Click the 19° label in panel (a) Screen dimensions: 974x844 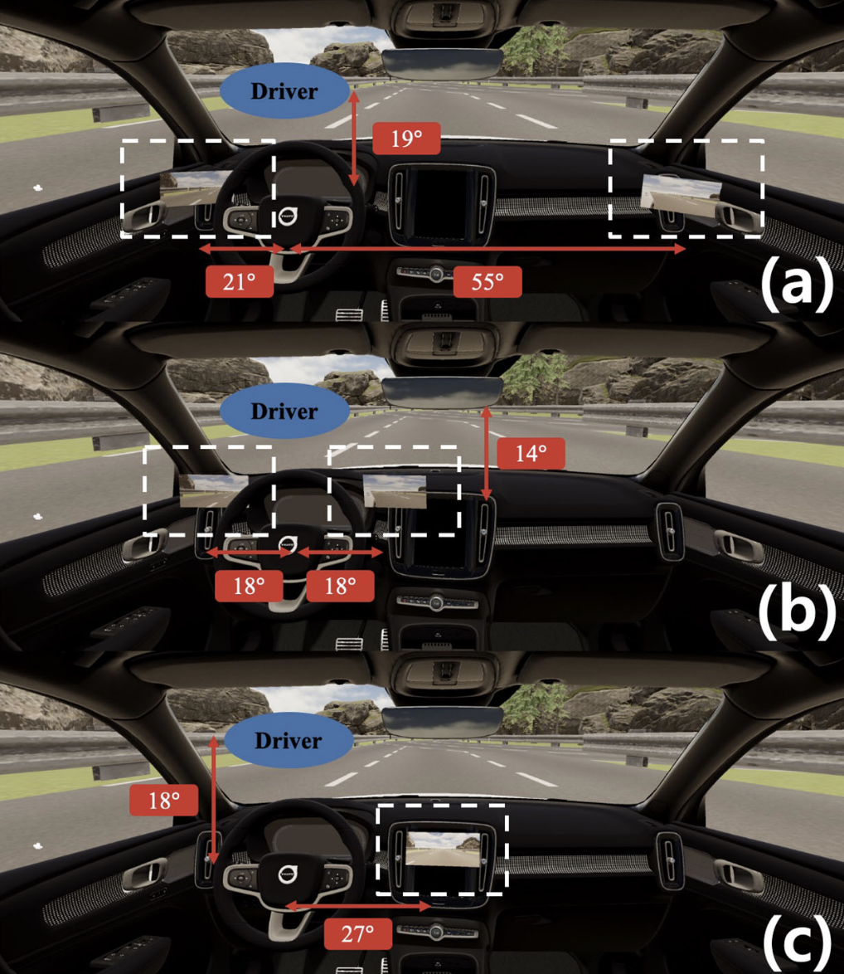pyautogui.click(x=405, y=138)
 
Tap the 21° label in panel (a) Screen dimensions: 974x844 pyautogui.click(x=240, y=282)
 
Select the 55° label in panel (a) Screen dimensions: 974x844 pyautogui.click(x=487, y=282)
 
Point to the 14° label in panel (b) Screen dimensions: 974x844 pyautogui.click(x=531, y=453)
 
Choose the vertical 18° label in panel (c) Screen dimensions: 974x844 pyautogui.click(x=164, y=801)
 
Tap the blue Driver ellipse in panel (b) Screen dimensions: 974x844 pyautogui.click(x=284, y=411)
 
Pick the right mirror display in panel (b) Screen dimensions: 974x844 pyautogui.click(x=395, y=491)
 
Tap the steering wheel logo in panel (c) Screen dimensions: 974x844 pyautogui.click(x=288, y=873)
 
